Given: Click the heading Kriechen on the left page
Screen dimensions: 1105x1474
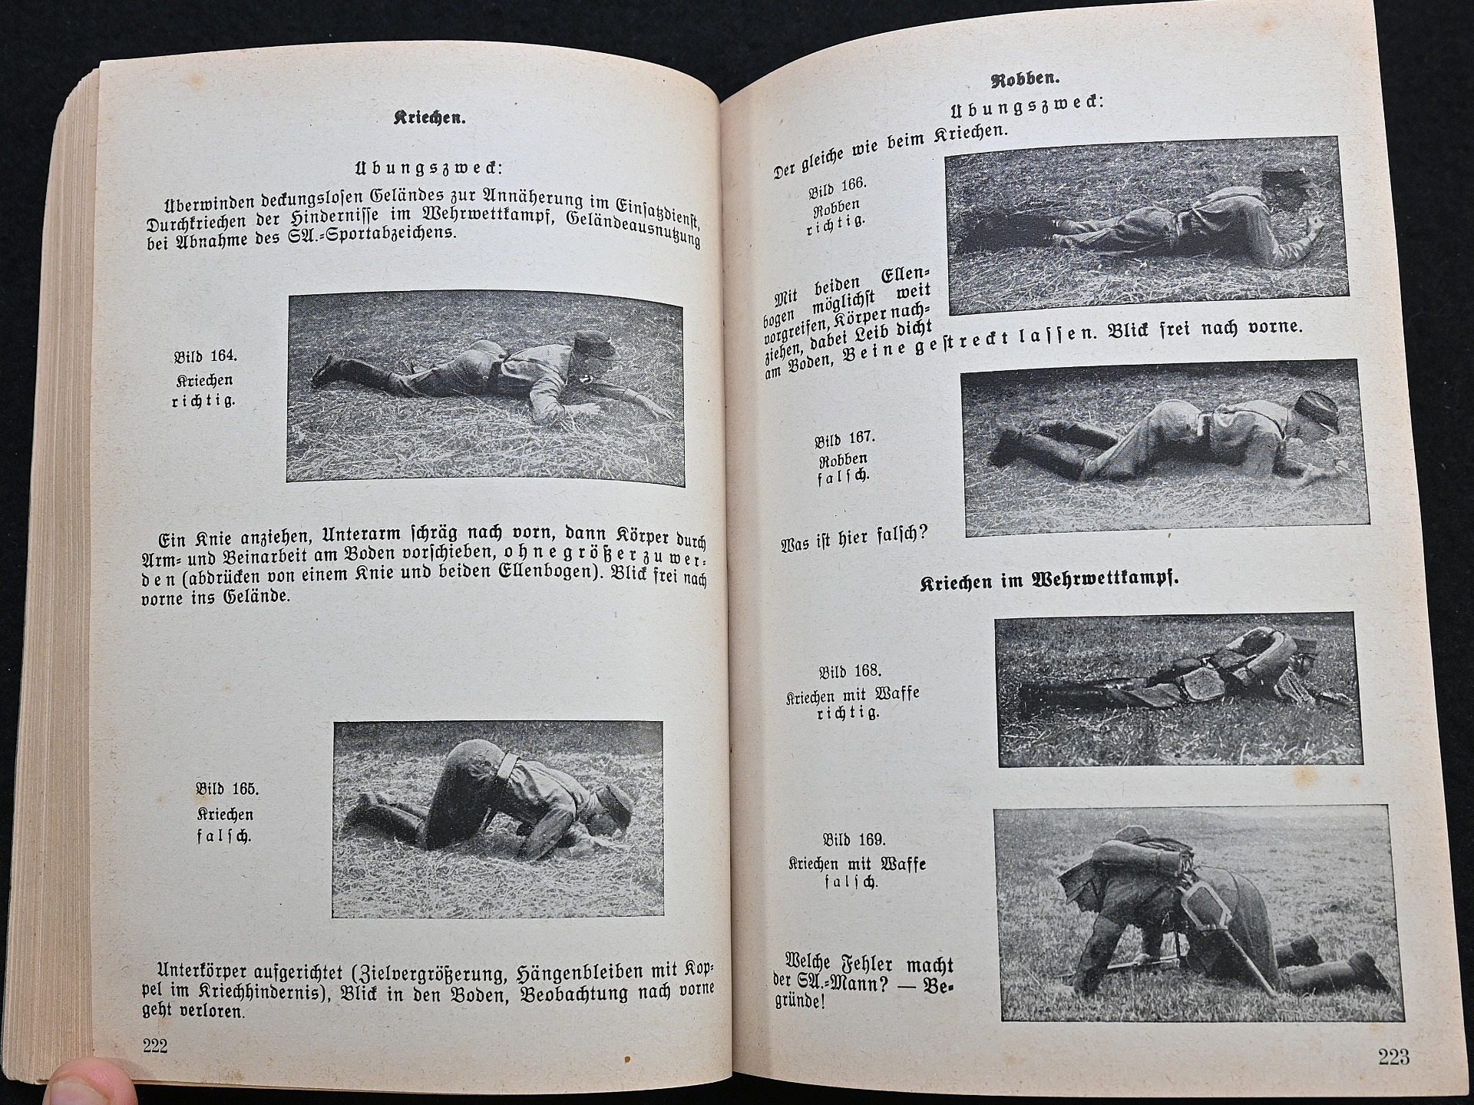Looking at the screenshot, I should [x=430, y=117].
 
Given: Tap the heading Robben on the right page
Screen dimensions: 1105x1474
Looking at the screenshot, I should [x=1024, y=79].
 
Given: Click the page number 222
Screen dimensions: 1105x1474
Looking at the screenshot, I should [x=154, y=1045].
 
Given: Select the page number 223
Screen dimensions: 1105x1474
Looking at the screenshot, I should [x=1393, y=1057].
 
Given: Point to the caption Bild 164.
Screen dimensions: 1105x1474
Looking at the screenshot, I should [x=205, y=357].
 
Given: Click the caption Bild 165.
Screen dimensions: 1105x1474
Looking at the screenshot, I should [x=227, y=789].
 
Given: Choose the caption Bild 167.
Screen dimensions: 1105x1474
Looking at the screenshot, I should [x=844, y=440].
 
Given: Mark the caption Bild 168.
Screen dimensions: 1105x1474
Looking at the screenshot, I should [x=850, y=672].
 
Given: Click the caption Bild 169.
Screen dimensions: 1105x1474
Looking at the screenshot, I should [x=854, y=840].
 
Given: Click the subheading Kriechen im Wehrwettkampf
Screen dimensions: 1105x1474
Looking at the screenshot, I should [x=1049, y=581].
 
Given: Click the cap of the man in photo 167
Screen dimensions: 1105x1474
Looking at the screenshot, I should [x=1317, y=408].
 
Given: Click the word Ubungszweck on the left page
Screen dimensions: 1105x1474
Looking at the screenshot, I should [x=428, y=168].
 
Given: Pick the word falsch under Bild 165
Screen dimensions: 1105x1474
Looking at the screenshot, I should [x=224, y=835].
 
